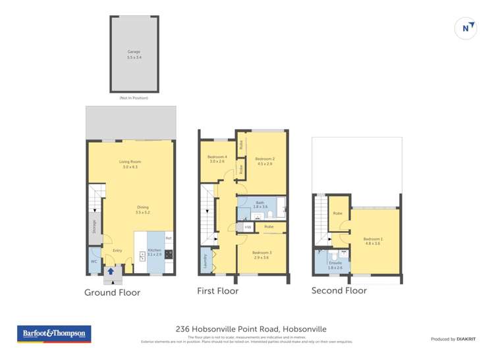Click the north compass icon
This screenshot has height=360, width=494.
point(466,28)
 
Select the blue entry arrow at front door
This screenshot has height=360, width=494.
point(111,270)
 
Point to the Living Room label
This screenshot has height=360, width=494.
point(130,161)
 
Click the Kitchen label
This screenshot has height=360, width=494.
point(153,250)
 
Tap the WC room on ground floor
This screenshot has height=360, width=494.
point(94,261)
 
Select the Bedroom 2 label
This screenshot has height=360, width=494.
point(265,159)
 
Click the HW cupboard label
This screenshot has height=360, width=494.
point(248,227)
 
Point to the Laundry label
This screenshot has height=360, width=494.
point(205,261)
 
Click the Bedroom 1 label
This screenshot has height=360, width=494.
point(373,239)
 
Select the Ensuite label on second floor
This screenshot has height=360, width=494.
point(335,263)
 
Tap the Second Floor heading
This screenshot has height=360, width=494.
point(339,290)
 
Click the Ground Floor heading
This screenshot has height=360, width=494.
point(112,292)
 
